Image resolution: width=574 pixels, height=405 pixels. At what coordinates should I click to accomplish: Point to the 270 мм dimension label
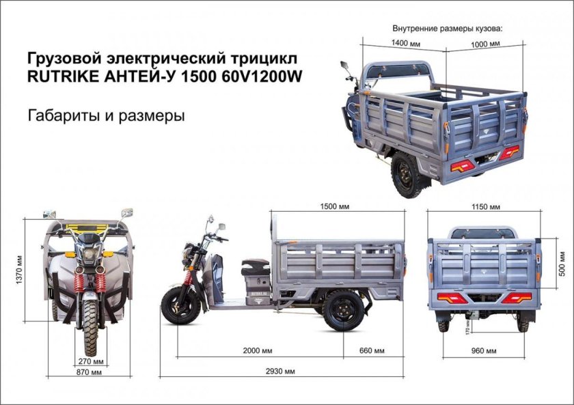click(x=90, y=361)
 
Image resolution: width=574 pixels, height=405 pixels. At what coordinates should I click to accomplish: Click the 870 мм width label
click(x=90, y=372)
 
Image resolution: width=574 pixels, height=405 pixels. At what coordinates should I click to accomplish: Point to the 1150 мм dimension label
click(x=486, y=206)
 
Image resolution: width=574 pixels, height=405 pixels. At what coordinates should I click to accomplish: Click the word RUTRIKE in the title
click(x=60, y=76)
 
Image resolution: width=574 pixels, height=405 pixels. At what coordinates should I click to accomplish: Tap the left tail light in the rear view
click(x=453, y=298)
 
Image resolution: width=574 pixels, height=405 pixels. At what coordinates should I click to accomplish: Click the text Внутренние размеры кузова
click(x=447, y=29)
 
